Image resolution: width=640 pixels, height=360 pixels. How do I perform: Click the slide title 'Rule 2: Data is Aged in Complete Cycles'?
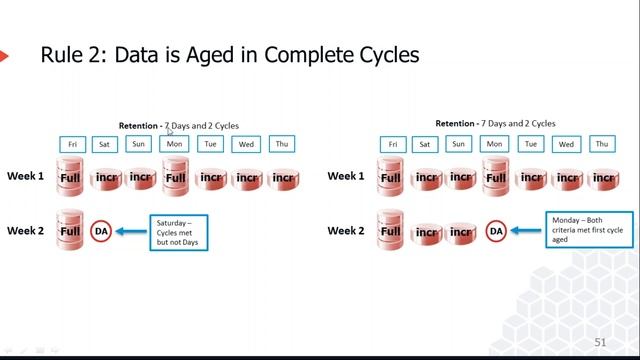tap(229, 55)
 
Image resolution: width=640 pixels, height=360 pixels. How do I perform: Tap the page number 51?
tap(601, 342)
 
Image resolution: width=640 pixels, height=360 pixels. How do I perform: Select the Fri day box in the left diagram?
tap(72, 144)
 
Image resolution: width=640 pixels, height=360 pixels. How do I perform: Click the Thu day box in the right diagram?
tap(602, 144)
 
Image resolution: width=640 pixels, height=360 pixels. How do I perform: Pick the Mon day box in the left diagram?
tap(175, 144)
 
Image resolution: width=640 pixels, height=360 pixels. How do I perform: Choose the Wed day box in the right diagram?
tap(567, 144)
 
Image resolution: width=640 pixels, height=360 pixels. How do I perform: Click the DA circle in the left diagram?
tap(101, 231)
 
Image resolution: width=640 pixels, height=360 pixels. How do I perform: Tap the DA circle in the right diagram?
tap(495, 231)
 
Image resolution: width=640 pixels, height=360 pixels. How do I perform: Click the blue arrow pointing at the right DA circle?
tap(527, 231)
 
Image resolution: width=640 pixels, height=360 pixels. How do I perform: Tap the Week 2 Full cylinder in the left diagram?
tap(70, 230)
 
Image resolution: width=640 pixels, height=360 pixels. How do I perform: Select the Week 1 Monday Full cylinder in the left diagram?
tap(175, 177)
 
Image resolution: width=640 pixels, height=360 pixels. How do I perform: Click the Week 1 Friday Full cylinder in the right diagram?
tap(391, 177)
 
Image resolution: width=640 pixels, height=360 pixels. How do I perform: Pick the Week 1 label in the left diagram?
tap(26, 176)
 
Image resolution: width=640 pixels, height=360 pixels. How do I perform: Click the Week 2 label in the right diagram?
tap(346, 231)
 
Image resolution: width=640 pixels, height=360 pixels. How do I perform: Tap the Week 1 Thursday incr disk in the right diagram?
tap(602, 178)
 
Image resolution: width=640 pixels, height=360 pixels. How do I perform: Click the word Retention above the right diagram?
tap(455, 123)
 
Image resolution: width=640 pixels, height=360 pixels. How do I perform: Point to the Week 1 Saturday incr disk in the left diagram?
tap(106, 179)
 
